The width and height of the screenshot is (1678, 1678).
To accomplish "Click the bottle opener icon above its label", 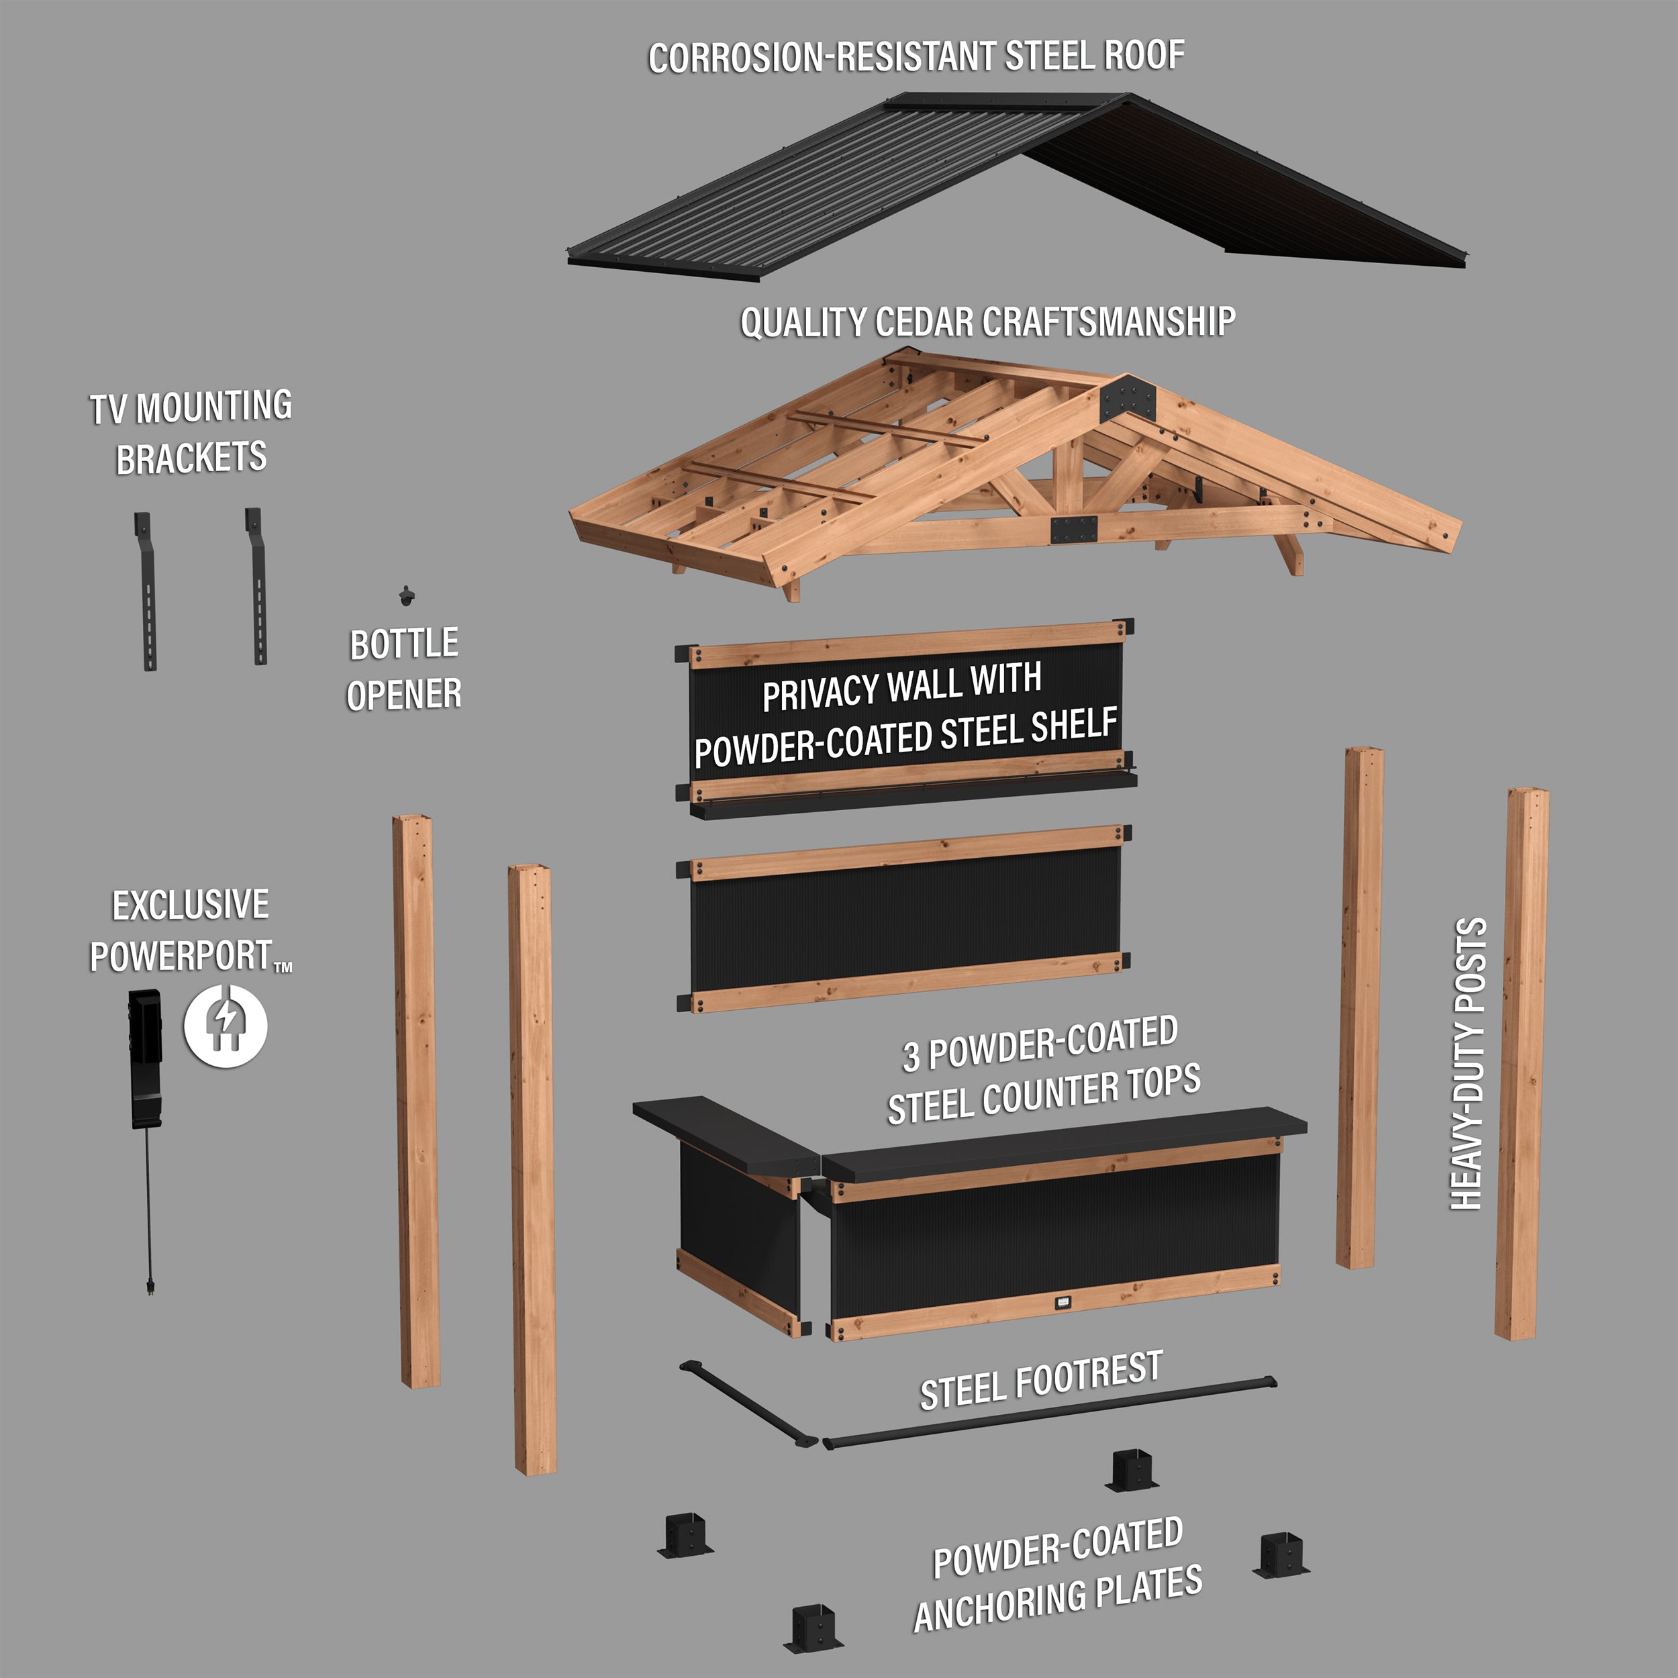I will [x=405, y=596].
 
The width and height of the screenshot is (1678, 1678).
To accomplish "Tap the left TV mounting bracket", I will [x=146, y=591].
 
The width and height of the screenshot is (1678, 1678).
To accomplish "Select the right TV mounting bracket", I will [x=257, y=586].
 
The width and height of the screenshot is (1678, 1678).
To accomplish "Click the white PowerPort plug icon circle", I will [x=225, y=1025].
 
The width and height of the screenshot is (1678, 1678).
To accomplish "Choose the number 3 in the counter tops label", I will [x=911, y=1056].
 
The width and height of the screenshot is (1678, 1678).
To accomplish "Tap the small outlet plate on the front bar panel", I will [x=1064, y=1302].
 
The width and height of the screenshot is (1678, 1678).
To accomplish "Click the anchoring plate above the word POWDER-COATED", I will [x=1132, y=1469].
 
